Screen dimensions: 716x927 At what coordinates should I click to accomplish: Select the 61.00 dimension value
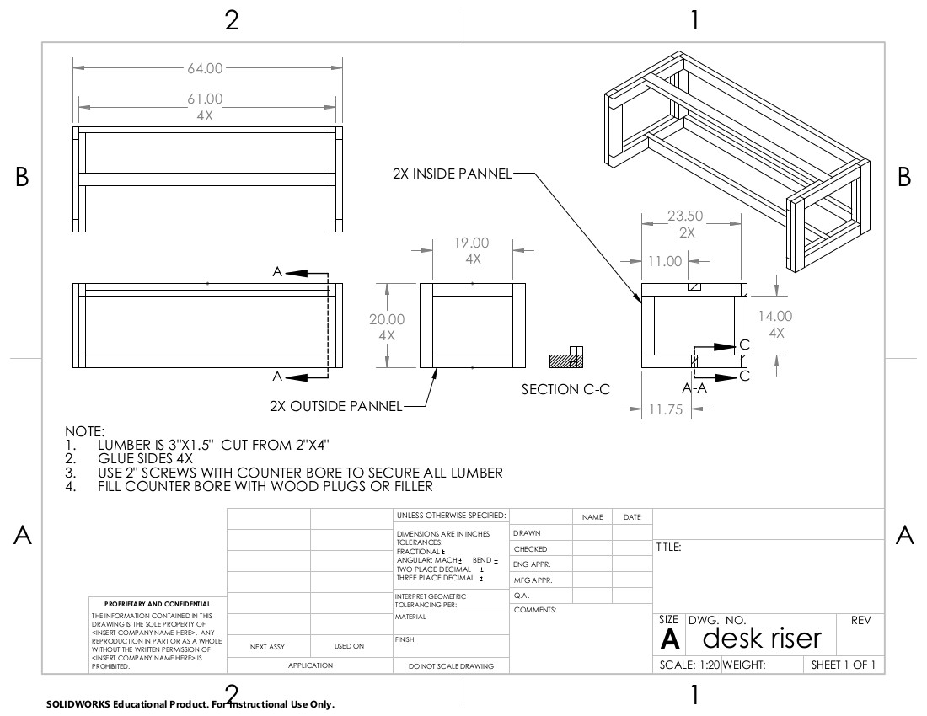point(205,99)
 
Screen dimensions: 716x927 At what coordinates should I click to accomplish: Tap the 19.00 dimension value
point(472,243)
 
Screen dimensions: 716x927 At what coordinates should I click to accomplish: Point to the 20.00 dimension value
point(387,319)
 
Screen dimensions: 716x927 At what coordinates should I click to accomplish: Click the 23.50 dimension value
point(685,216)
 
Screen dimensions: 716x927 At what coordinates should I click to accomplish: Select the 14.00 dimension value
point(775,316)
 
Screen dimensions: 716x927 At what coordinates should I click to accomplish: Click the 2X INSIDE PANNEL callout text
point(452,174)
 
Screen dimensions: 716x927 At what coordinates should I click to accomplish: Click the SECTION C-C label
point(565,389)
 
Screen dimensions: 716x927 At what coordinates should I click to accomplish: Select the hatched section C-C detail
point(566,358)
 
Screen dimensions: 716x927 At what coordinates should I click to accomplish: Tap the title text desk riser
point(761,639)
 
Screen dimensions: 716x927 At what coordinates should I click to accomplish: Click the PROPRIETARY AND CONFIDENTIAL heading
point(158,604)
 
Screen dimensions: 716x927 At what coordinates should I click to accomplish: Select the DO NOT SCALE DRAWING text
point(451,666)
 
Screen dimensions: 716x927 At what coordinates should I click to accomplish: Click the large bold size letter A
point(670,640)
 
